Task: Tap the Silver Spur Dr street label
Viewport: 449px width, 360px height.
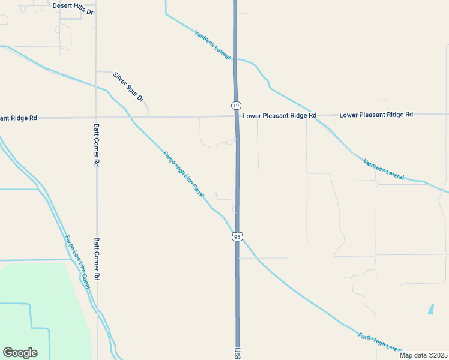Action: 129,86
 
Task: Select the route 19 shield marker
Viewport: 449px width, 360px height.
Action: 235,105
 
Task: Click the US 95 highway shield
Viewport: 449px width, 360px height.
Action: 237,236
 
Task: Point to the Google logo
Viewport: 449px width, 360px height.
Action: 20,353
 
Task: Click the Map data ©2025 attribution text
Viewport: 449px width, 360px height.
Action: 423,355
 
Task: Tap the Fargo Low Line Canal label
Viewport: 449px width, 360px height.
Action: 77,261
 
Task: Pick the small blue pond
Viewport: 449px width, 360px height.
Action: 431,310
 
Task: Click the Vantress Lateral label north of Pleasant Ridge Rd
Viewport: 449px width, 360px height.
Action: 212,44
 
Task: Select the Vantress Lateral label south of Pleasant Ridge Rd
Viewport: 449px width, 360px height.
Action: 384,169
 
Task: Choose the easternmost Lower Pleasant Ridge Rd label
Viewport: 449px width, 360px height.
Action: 376,114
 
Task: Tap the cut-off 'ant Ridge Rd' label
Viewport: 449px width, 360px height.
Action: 19,118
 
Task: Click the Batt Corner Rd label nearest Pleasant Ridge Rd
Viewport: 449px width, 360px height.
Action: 96,145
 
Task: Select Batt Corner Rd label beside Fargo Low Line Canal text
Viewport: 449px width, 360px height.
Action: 96,259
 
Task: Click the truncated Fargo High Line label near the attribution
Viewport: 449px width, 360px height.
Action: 379,343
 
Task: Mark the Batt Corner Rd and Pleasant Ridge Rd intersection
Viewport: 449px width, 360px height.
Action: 96,117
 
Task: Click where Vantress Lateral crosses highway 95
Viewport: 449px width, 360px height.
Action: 236,59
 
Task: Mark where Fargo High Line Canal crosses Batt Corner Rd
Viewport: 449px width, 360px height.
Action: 96,86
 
